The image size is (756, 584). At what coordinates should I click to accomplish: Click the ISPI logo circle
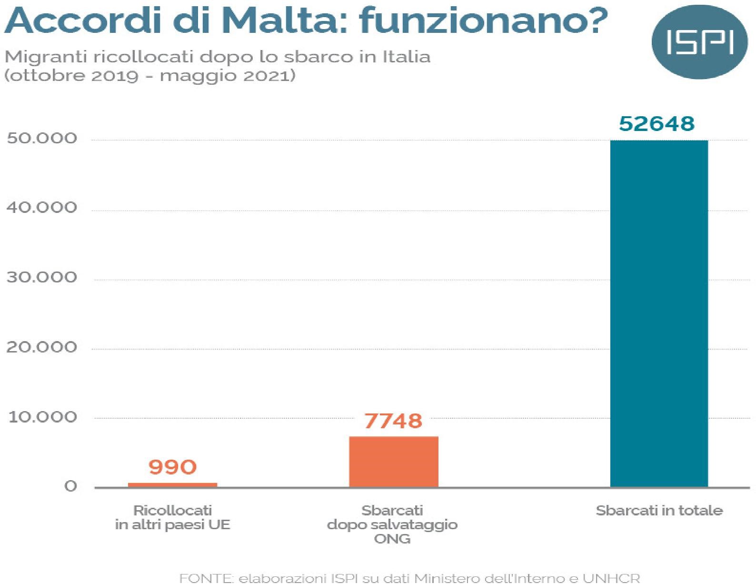[x=699, y=42]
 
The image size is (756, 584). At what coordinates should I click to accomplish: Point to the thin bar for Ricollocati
[x=172, y=484]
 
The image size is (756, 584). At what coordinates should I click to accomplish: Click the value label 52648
[x=657, y=123]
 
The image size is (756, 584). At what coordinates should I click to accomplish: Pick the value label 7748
[x=393, y=421]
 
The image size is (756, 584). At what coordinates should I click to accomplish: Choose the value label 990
[x=172, y=467]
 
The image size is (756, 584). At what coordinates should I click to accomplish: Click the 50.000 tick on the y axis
[x=42, y=138]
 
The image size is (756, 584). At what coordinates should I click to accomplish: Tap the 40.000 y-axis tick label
[x=42, y=208]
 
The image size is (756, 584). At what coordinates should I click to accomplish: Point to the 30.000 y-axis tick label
[x=42, y=277]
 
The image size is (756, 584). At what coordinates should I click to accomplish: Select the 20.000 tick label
[x=42, y=347]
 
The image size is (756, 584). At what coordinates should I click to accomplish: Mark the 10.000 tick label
[x=42, y=417]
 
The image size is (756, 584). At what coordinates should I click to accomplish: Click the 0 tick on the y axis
[x=70, y=486]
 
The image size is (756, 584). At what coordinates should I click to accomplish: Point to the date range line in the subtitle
[x=149, y=75]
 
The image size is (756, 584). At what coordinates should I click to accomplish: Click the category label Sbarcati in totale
[x=659, y=511]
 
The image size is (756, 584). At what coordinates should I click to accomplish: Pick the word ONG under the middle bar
[x=392, y=539]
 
